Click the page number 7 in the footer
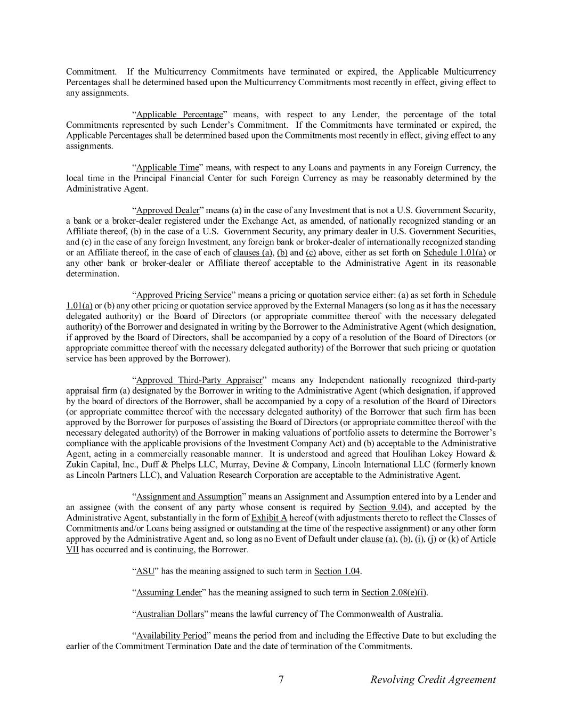(x=281, y=680)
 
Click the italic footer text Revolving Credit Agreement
(x=433, y=680)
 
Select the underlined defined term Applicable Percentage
(x=180, y=115)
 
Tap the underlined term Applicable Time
(x=167, y=168)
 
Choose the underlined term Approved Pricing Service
(x=184, y=295)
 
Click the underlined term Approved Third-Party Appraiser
(x=199, y=380)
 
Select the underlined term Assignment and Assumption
(x=189, y=497)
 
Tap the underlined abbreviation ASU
(x=145, y=571)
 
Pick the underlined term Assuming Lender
(x=169, y=593)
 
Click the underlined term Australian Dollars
(x=170, y=614)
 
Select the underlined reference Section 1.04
(x=337, y=571)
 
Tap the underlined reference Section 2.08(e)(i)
(x=394, y=593)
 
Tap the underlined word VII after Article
(x=72, y=550)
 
